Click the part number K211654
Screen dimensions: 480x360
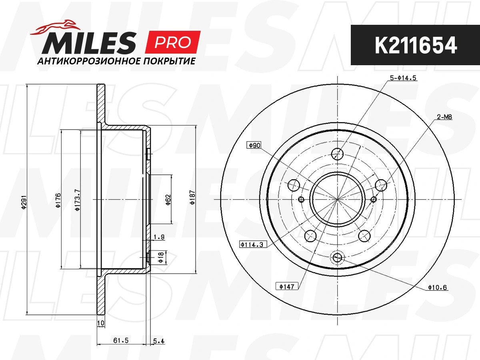coord(416,45)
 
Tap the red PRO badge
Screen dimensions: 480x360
coord(173,42)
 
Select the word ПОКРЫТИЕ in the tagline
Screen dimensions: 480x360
coord(169,61)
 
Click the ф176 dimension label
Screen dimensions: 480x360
coord(58,200)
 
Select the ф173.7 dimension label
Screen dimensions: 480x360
coord(78,200)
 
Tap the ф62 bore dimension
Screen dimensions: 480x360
coord(168,200)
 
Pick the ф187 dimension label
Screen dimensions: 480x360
coord(192,197)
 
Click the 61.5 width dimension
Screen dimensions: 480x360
coord(121,340)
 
